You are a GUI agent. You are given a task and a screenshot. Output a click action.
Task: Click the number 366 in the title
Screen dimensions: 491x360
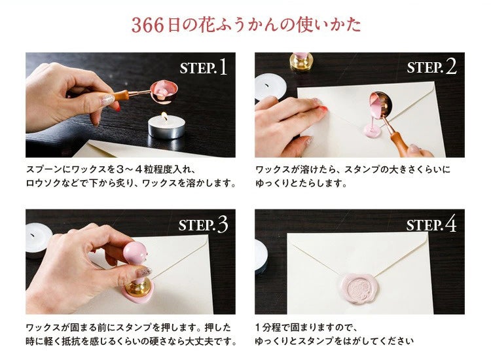click(147, 26)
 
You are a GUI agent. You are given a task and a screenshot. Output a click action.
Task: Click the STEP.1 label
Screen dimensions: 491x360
click(203, 67)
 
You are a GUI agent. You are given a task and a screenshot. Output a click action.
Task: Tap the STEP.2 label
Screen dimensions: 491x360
click(432, 67)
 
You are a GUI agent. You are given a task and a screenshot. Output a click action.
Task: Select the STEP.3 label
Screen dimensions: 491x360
click(203, 225)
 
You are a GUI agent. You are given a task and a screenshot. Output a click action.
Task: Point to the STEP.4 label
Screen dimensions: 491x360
click(431, 225)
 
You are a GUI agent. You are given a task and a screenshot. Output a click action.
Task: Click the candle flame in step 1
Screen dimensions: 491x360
click(164, 117)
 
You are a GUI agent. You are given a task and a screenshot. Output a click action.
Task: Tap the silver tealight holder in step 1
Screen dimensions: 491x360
click(166, 128)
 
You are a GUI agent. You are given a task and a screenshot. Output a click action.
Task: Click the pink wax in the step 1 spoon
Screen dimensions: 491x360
click(164, 89)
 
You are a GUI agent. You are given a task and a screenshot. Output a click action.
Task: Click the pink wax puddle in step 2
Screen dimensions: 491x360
click(373, 130)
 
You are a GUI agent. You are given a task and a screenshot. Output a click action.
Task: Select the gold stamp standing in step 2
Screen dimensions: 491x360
click(301, 62)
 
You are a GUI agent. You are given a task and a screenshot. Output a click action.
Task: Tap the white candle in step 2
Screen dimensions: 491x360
click(270, 86)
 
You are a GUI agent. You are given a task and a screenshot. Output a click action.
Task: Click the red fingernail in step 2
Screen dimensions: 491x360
click(323, 109)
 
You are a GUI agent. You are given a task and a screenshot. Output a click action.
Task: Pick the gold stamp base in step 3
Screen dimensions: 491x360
click(137, 287)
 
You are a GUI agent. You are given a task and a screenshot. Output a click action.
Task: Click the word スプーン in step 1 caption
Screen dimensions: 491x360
click(44, 170)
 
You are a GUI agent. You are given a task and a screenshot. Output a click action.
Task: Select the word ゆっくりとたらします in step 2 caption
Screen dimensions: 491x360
click(301, 183)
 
